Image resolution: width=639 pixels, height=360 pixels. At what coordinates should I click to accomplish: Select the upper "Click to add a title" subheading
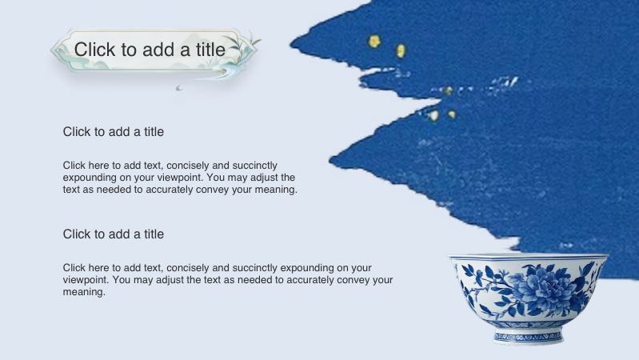114,131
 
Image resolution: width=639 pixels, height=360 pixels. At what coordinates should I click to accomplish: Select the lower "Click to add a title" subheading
114,234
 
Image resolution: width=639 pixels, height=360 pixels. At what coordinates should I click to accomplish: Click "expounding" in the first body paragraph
90,177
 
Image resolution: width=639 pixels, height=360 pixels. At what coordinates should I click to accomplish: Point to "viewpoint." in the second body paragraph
86,280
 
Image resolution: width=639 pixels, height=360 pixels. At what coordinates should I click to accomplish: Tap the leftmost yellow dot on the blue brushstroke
373,40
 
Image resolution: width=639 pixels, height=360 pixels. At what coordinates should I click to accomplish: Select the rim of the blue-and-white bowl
528,258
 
